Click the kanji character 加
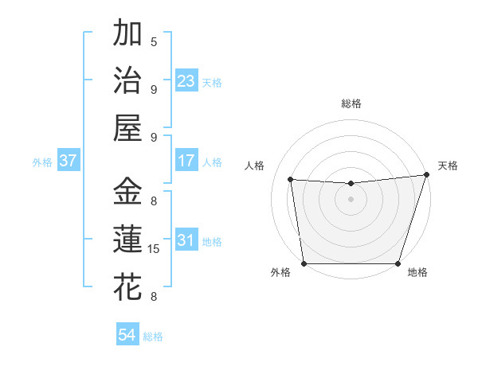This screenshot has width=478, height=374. point(127,34)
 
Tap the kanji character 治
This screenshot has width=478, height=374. point(127,81)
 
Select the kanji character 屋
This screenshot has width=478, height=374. point(127,128)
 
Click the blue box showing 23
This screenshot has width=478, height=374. point(186,81)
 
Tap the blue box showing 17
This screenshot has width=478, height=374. point(186,161)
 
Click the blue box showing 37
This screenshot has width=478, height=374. point(69,161)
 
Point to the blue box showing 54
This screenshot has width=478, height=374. point(127,336)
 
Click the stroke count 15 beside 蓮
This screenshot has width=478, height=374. point(155,249)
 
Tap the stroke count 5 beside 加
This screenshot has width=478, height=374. point(154,42)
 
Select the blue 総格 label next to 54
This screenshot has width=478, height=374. point(153,337)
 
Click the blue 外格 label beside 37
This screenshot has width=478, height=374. point(42,162)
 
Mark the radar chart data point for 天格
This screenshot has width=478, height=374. point(426,175)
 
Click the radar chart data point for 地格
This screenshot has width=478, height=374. point(398,263)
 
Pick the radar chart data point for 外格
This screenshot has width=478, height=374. point(304,263)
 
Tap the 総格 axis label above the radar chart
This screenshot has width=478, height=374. point(351,103)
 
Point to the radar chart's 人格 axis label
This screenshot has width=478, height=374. point(255,166)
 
